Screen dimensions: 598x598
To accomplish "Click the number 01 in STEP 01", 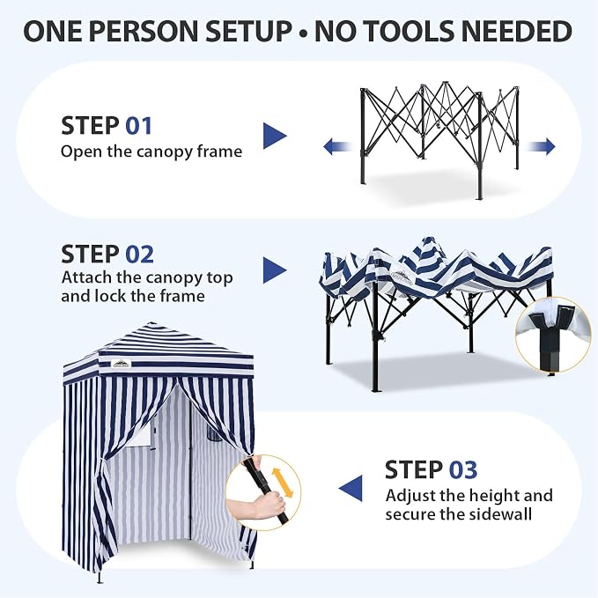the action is click(x=139, y=125).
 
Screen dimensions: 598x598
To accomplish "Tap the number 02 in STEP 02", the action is click(x=139, y=254).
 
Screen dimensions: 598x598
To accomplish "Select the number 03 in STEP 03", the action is click(x=463, y=469).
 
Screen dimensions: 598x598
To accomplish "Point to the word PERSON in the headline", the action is click(x=144, y=31).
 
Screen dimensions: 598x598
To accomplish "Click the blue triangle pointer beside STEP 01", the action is click(x=275, y=136).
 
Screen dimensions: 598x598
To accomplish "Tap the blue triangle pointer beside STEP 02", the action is click(x=275, y=270).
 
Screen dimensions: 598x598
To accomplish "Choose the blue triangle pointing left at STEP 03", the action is click(x=351, y=489).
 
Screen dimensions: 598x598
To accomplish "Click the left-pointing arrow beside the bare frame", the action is click(x=337, y=146).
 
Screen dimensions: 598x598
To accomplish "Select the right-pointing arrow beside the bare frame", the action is click(x=541, y=146).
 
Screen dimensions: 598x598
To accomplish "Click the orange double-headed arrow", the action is click(x=283, y=483).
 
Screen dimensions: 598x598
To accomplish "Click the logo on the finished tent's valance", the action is click(x=122, y=364).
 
